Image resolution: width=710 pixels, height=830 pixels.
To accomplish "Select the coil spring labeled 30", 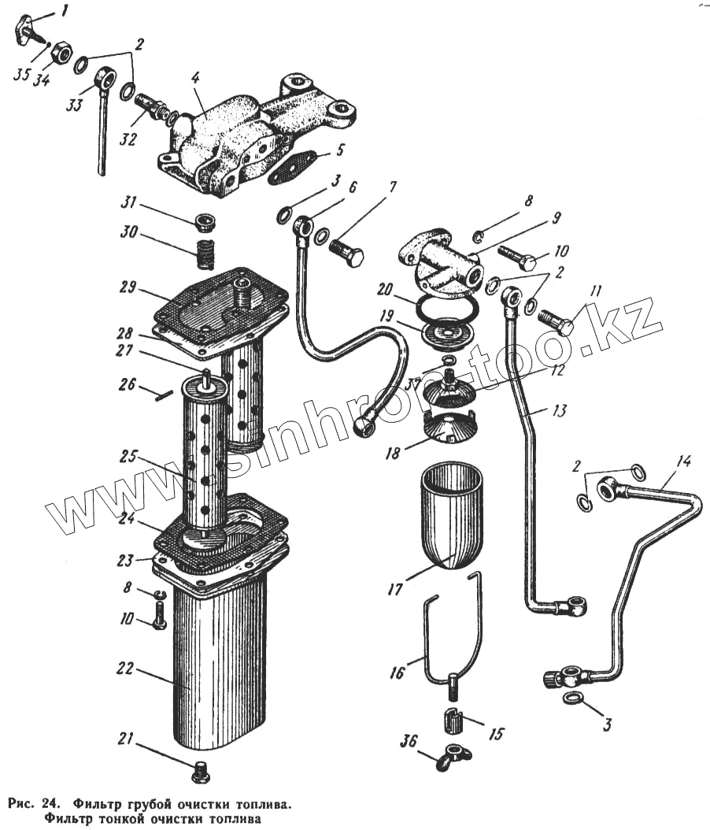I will tap(205, 254).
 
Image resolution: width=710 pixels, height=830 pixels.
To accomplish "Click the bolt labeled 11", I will tap(555, 321).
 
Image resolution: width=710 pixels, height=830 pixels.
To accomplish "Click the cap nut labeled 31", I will tap(206, 220).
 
